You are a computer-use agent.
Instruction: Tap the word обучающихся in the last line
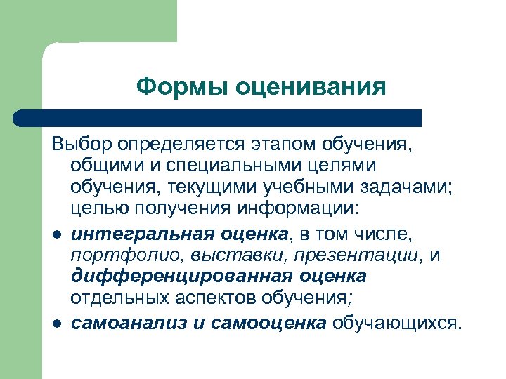pos(397,323)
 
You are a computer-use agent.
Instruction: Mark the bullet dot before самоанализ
pos(56,323)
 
